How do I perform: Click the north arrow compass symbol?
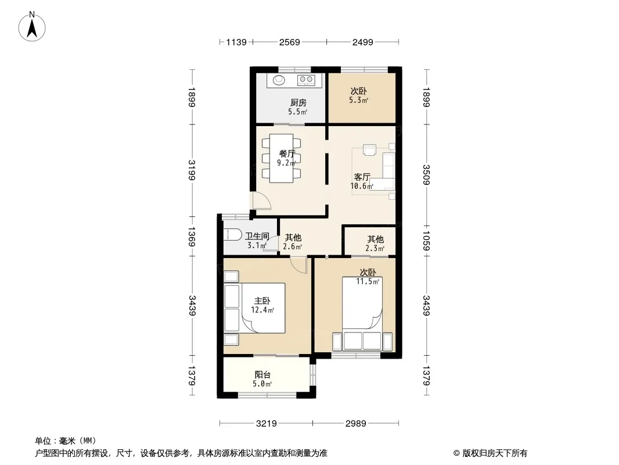[x=32, y=27]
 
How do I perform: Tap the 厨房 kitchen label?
[x=298, y=103]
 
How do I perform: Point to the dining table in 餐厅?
[x=282, y=158]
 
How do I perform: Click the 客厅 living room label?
[x=362, y=177]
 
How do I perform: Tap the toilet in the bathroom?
[x=232, y=235]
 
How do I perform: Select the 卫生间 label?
[x=257, y=236]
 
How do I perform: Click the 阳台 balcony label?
[x=262, y=374]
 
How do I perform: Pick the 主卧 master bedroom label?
[x=262, y=301]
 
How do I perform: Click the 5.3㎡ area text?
[x=358, y=101]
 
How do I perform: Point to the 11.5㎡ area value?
[x=368, y=282]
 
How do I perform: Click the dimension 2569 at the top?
[x=290, y=42]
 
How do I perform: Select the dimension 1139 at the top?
[x=236, y=42]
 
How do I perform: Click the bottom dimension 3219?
[x=267, y=424]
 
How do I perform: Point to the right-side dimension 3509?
[x=426, y=174]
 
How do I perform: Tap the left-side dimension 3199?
[x=192, y=170]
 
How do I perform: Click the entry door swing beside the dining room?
[x=262, y=201]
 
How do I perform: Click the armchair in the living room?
[x=370, y=150]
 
